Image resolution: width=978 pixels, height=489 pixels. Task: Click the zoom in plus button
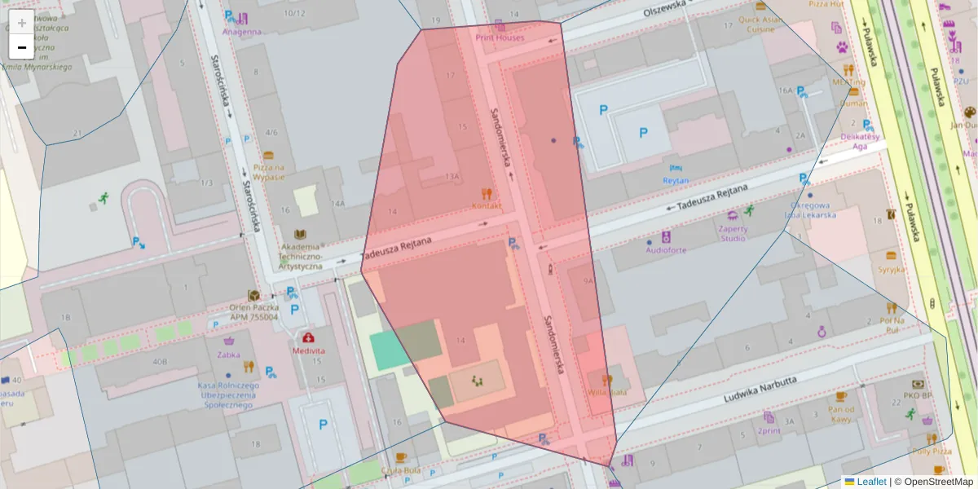tap(22, 23)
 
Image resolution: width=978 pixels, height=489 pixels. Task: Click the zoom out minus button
tap(22, 47)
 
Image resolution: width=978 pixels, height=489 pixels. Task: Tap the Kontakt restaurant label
tap(487, 205)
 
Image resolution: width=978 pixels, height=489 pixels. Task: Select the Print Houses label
tap(500, 37)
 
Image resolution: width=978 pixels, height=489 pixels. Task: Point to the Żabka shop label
tap(230, 355)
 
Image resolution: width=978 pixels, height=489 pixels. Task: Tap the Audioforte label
tap(666, 250)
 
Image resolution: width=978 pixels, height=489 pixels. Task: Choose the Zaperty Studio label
tap(733, 234)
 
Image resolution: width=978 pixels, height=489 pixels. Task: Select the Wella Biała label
tap(606, 391)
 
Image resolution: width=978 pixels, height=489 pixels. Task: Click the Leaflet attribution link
tap(871, 482)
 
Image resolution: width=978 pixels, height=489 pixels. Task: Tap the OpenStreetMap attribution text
tap(933, 482)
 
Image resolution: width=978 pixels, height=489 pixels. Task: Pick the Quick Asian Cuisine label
tap(760, 24)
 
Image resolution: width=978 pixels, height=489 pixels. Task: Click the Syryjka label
tap(892, 268)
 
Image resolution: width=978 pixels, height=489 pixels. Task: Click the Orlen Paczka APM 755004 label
tap(253, 312)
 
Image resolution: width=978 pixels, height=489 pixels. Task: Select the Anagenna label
tap(242, 32)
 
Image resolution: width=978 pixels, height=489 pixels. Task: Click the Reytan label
tap(676, 180)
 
